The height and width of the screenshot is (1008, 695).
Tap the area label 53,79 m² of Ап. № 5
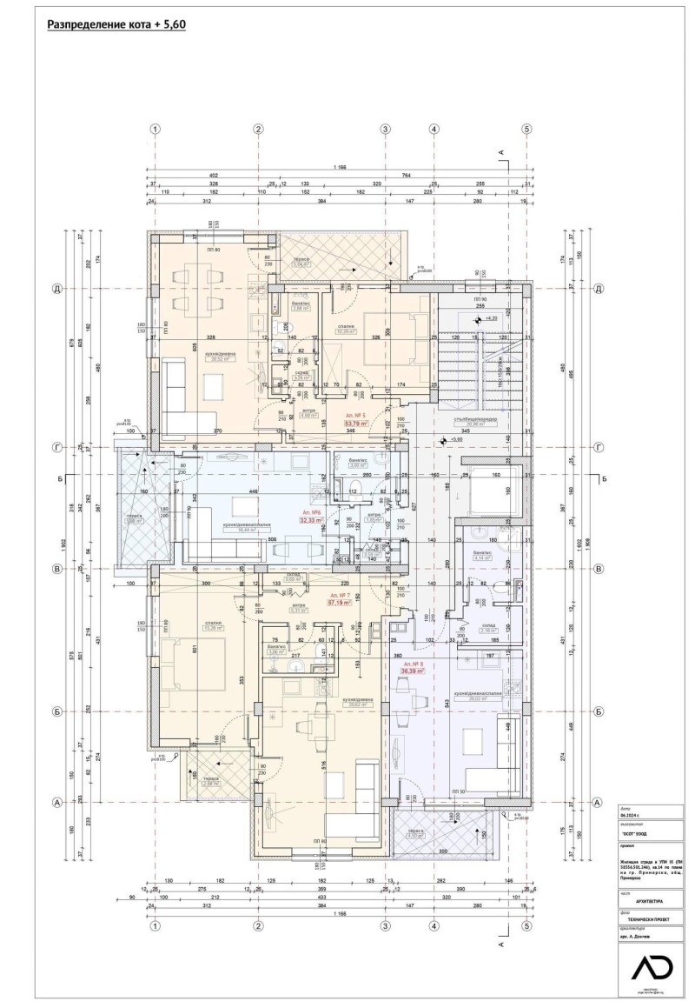[355, 424]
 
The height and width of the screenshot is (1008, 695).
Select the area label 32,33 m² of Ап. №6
[311, 521]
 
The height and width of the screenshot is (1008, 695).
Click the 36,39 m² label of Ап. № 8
[412, 671]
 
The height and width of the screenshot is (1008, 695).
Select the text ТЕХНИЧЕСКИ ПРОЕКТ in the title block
[642, 918]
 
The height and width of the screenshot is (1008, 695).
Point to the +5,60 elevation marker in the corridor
[456, 439]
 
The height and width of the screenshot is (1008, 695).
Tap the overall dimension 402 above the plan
[214, 175]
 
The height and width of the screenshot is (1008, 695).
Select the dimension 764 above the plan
[405, 175]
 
